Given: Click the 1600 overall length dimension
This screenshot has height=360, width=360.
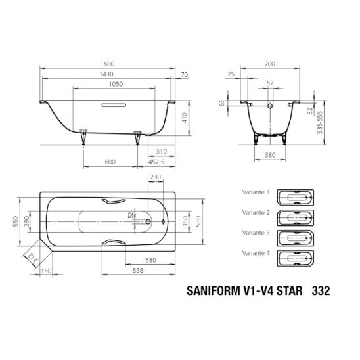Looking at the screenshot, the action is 107,64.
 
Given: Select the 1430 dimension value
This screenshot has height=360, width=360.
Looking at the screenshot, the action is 106,74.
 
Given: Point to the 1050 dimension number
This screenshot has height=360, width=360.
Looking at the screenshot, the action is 116,84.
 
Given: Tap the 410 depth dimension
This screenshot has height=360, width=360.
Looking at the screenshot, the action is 185,118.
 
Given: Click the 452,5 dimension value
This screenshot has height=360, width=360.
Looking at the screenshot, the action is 156,162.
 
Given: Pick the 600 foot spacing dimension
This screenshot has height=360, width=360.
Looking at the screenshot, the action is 110,162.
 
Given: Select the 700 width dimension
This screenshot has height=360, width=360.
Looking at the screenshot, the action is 269,64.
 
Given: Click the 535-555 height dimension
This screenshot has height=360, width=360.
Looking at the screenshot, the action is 319,122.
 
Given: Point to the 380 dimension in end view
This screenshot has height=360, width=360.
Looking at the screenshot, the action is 270,155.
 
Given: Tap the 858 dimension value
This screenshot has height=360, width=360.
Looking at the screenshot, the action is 138,271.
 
